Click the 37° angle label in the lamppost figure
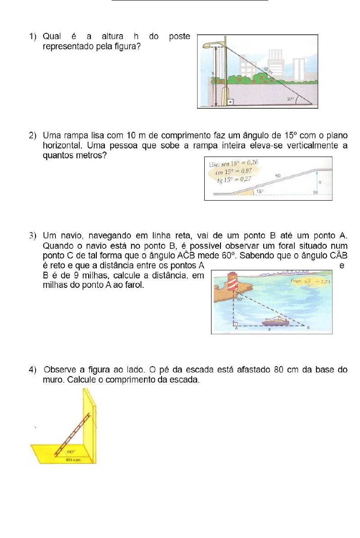click(290, 99)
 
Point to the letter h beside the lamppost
click(213, 73)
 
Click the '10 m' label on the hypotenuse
click(268, 70)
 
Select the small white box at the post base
click(230, 102)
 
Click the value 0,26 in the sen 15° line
click(252, 162)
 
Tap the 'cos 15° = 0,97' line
click(234, 171)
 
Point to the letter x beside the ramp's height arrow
click(320, 182)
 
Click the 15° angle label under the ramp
click(260, 191)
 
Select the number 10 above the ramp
click(278, 176)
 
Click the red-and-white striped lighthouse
click(233, 281)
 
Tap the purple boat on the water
click(275, 321)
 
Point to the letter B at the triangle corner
click(308, 327)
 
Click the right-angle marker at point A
click(235, 323)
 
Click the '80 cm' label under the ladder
click(73, 459)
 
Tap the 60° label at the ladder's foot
click(71, 452)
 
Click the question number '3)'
click(32, 236)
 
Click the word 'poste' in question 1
click(180, 37)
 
